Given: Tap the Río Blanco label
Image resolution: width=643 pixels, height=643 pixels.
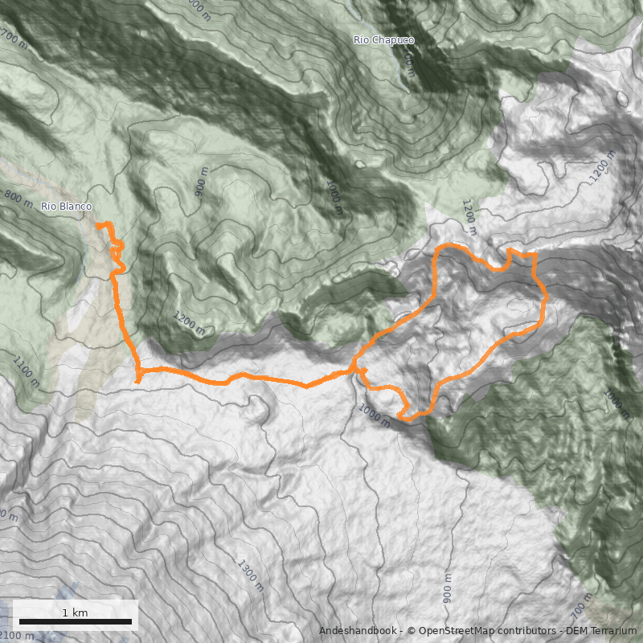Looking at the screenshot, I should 66,207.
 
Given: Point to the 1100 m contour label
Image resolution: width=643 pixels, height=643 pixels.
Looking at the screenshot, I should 26,371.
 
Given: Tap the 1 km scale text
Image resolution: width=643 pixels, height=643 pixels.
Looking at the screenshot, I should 75,612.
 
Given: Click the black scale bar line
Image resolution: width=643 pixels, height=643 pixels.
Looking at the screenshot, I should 75,622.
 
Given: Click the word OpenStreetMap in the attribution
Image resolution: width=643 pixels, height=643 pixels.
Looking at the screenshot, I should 452,631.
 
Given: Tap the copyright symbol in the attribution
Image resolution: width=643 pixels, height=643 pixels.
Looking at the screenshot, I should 412,631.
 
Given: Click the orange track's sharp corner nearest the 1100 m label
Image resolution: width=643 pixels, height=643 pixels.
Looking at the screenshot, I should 138,380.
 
